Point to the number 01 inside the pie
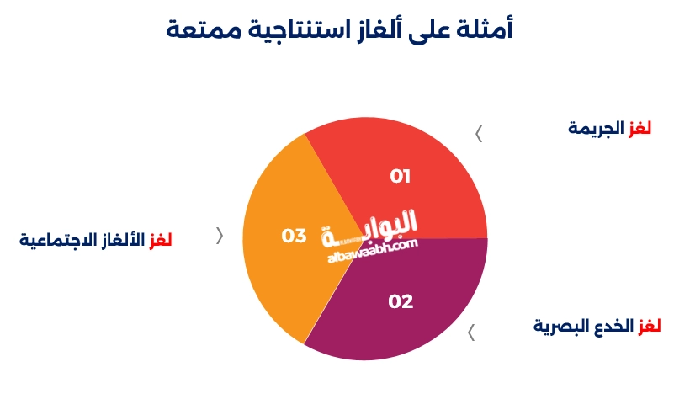point(400,176)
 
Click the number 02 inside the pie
point(401,301)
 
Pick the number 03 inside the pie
point(294,236)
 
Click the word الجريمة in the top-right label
point(596,129)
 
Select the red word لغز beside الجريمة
point(640,129)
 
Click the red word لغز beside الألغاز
point(160,240)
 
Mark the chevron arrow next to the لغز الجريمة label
point(479,134)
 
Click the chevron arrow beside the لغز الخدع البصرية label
point(471,333)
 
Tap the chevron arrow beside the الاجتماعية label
point(220,236)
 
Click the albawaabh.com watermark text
point(372,250)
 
